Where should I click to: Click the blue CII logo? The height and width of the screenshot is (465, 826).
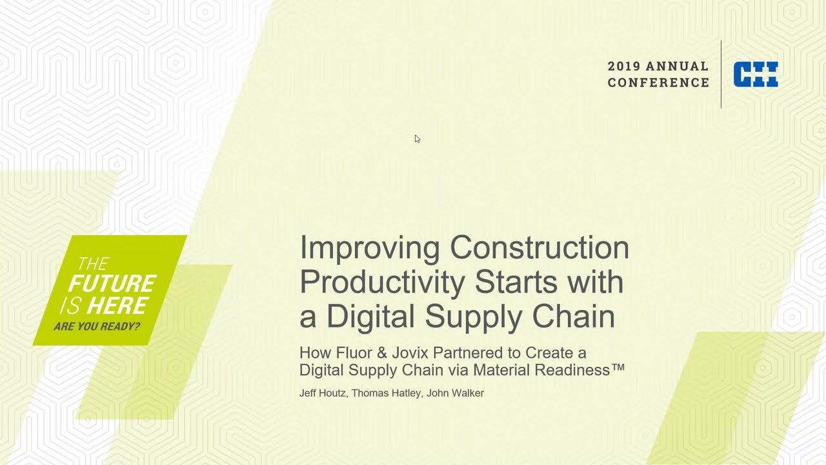pos(756,74)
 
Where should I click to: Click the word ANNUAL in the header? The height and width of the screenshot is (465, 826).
pos(677,67)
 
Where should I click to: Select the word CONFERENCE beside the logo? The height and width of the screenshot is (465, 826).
pos(658,83)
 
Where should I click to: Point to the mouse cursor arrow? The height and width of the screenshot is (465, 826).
pos(417,138)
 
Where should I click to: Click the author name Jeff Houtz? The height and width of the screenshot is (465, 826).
pos(323,393)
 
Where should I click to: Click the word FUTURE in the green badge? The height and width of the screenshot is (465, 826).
pos(112,284)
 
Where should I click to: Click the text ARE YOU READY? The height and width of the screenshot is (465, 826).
pos(97,326)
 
